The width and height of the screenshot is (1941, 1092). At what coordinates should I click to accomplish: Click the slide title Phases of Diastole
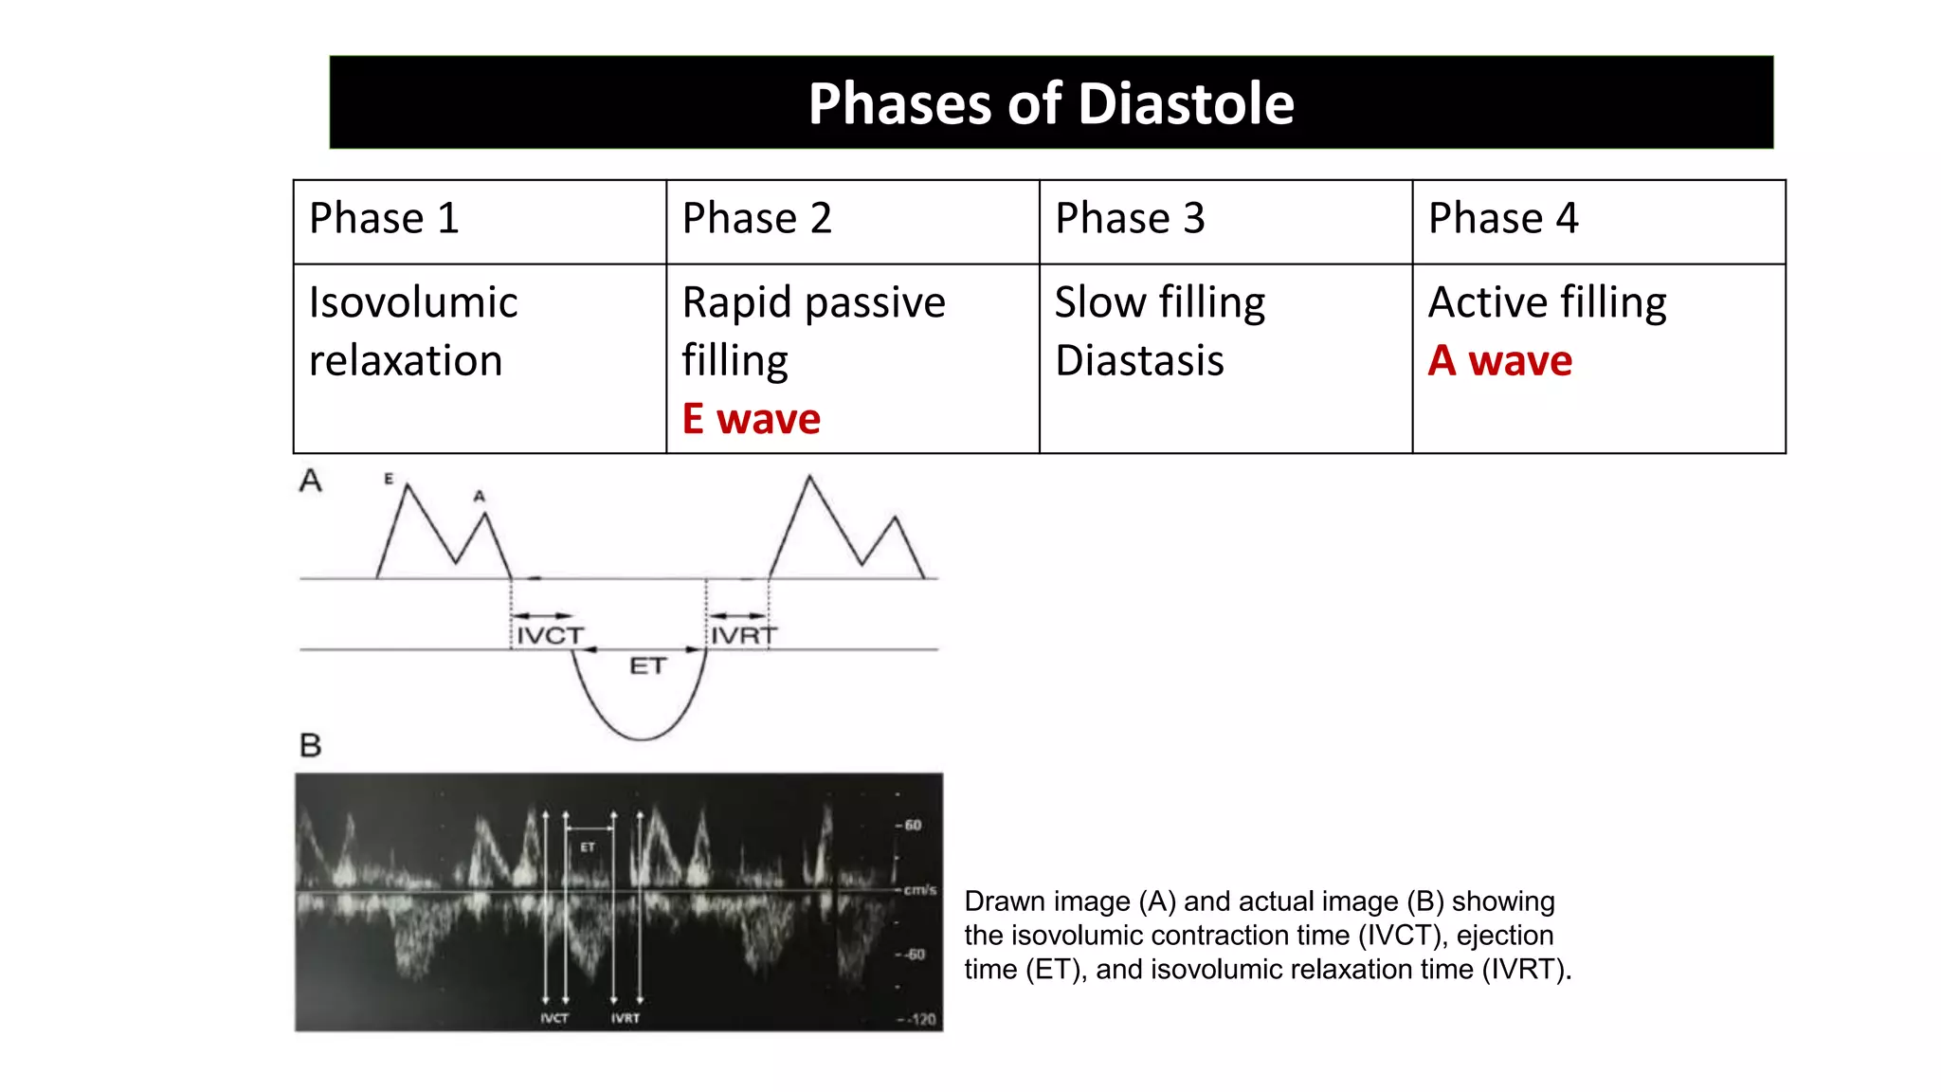click(1051, 103)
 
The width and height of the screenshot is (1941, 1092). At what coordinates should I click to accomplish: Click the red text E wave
click(751, 418)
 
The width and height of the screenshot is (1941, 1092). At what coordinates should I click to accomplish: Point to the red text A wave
click(1499, 361)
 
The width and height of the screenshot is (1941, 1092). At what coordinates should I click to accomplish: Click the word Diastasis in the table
click(1139, 361)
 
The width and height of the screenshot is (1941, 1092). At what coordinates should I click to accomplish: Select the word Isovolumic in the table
click(413, 303)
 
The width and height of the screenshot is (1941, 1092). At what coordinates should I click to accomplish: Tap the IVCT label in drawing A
click(550, 635)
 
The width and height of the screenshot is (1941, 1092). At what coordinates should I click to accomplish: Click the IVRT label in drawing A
click(743, 635)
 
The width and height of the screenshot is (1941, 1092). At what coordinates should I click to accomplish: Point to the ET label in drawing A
click(647, 666)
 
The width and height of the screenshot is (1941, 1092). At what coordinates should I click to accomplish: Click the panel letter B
click(310, 745)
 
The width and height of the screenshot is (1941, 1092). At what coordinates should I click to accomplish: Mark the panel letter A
click(310, 481)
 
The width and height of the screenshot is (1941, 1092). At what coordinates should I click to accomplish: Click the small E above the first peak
click(389, 479)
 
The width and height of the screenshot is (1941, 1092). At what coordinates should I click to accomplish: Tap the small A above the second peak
click(479, 496)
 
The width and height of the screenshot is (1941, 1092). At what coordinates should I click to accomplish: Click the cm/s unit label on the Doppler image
click(919, 890)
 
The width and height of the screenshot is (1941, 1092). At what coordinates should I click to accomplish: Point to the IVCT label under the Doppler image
click(554, 1018)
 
